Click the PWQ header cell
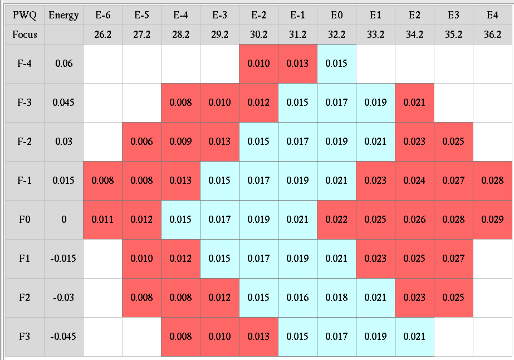pyautogui.click(x=25, y=15)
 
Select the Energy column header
pyautogui.click(x=63, y=15)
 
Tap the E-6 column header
pyautogui.click(x=102, y=15)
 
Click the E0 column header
pyautogui.click(x=336, y=15)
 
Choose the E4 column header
pyautogui.click(x=492, y=15)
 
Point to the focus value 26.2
pyautogui.click(x=102, y=34)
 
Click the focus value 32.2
pyautogui.click(x=336, y=34)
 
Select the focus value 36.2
pyautogui.click(x=492, y=34)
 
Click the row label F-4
pyautogui.click(x=25, y=64)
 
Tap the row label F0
pyautogui.click(x=25, y=220)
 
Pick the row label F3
pyautogui.click(x=25, y=337)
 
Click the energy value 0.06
pyautogui.click(x=63, y=64)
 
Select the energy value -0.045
pyautogui.click(x=63, y=337)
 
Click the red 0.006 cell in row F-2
pyautogui.click(x=141, y=142)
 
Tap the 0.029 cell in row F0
pyautogui.click(x=492, y=220)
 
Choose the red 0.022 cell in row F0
pyautogui.click(x=336, y=220)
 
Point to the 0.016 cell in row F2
pyautogui.click(x=297, y=298)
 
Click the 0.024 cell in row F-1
pyautogui.click(x=414, y=181)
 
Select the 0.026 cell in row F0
pyautogui.click(x=414, y=220)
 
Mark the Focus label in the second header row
pyautogui.click(x=25, y=34)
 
